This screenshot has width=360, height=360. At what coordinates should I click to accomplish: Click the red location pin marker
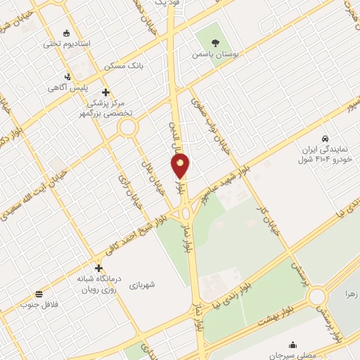[x=180, y=166]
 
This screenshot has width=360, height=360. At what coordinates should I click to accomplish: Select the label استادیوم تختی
[x=67, y=44]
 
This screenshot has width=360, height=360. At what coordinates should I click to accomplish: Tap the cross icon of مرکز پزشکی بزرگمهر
[x=105, y=92]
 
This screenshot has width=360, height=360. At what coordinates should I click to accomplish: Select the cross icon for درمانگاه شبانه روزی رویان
[x=98, y=268]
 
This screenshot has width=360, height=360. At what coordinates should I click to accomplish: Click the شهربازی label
[x=141, y=285]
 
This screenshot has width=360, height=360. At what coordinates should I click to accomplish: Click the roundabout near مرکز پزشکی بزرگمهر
[x=127, y=128]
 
